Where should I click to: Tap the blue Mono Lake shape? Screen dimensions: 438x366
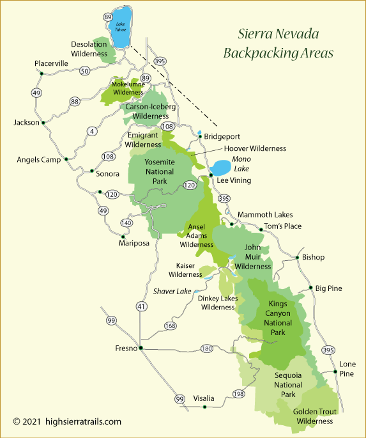coord(222,169)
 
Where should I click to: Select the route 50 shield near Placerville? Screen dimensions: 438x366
coord(84,71)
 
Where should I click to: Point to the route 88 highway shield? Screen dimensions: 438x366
coord(75,101)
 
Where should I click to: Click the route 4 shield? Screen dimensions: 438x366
coord(92,131)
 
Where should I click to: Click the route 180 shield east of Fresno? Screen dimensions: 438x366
coord(206,348)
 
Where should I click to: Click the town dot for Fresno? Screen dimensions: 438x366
coord(141,348)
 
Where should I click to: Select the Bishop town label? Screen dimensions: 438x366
coord(313,257)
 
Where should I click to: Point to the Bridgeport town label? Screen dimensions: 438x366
coord(223,136)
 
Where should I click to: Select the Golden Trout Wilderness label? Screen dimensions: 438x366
coord(313,416)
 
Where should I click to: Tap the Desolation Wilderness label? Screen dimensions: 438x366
coord(89,49)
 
